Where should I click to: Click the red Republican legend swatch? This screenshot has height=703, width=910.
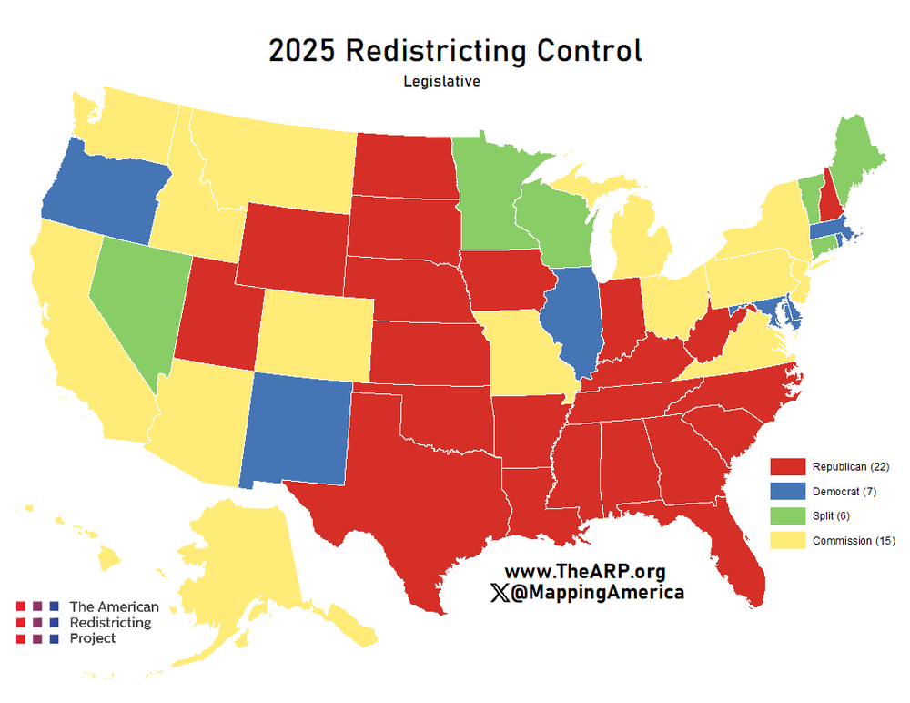click(x=788, y=466)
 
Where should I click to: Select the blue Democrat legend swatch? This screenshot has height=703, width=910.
click(x=788, y=491)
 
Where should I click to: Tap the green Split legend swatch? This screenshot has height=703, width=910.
click(x=788, y=515)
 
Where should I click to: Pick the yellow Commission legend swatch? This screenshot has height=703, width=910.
click(x=788, y=540)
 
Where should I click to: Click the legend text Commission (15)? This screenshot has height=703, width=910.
click(x=854, y=541)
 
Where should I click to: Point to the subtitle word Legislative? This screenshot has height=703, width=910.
click(x=442, y=81)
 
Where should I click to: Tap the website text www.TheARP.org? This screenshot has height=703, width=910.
click(x=585, y=572)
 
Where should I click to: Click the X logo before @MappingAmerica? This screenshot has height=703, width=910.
click(x=500, y=593)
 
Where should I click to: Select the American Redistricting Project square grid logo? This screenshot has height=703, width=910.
click(x=37, y=622)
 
